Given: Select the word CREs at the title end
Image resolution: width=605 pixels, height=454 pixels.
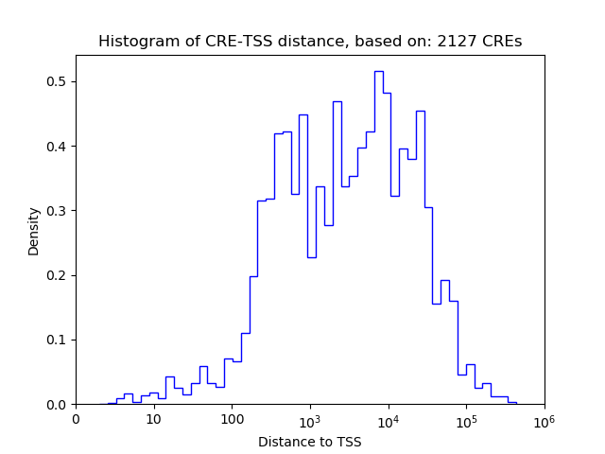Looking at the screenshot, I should [x=500, y=42].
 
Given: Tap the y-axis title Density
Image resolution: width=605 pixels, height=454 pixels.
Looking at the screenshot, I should [x=34, y=232].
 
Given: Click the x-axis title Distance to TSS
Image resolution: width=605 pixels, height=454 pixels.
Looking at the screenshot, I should [x=310, y=441].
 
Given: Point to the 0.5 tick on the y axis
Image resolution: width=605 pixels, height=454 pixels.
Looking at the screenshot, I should [x=57, y=81].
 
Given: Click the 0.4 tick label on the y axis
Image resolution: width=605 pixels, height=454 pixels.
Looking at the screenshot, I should [x=57, y=146].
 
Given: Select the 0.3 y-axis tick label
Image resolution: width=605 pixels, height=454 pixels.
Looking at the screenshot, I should [x=57, y=211].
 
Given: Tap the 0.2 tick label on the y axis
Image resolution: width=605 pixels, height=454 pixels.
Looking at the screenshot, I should [x=57, y=275].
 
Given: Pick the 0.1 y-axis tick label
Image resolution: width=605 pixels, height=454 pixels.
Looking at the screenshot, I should [x=57, y=340].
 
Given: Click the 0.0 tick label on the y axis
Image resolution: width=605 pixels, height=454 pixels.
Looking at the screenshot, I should [x=57, y=405].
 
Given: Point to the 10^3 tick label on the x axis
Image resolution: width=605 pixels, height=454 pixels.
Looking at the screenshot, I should [x=310, y=418].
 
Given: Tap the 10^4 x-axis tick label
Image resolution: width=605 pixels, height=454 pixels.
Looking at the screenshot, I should [x=388, y=418].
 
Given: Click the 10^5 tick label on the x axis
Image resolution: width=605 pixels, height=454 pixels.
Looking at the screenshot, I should [x=466, y=418].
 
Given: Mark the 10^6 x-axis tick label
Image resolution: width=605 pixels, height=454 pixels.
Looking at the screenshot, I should [x=544, y=418].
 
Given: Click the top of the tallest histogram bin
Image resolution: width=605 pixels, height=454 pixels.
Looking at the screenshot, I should [x=378, y=72].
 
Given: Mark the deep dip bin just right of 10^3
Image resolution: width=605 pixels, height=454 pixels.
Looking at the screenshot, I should [x=312, y=257].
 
